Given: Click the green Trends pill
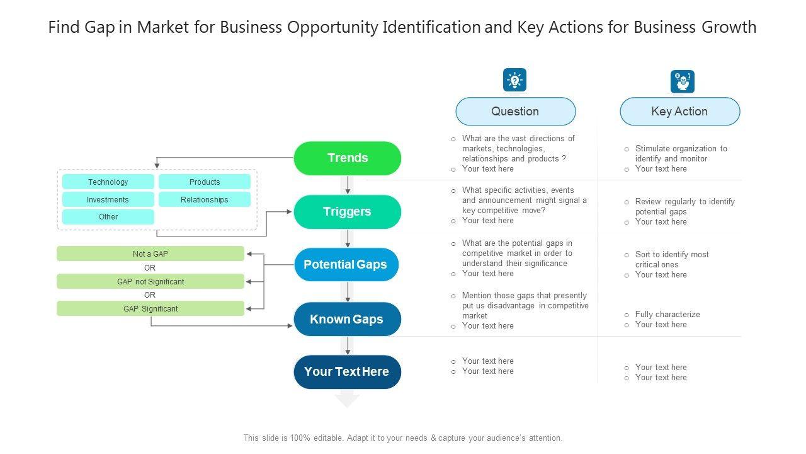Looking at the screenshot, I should point(347,158).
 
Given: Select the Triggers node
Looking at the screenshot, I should point(347,212).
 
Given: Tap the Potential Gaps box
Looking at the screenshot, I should point(346,265).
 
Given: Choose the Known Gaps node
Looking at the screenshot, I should point(347,319).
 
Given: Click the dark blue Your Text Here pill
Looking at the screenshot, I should point(347,372).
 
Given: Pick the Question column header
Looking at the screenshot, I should point(515,112).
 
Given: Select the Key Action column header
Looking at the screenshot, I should point(679,112).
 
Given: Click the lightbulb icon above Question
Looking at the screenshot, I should point(514,81).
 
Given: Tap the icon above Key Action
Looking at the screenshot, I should point(682,81).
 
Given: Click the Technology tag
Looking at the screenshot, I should point(108,182).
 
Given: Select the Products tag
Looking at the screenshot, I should point(205,182).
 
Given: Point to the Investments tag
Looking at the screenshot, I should point(108,200).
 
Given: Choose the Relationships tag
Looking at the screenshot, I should point(205,200).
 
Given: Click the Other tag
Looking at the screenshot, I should point(108,217).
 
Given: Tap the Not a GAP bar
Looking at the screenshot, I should point(150,254).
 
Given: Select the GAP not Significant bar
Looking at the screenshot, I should point(150,282).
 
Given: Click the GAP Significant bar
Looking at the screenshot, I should point(150,309).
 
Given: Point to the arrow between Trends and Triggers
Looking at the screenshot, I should point(348,185).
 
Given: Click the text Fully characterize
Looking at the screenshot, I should point(667,315).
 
